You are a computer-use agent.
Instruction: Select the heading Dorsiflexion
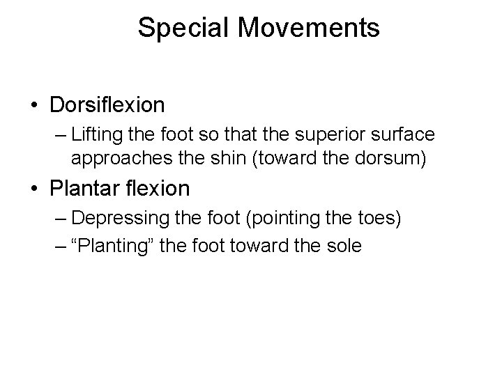pyautogui.click(x=107, y=105)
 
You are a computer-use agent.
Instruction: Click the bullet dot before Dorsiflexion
pyautogui.click(x=34, y=106)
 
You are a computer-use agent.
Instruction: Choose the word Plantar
pyautogui.click(x=84, y=188)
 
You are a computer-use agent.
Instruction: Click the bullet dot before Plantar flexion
pyautogui.click(x=34, y=189)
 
